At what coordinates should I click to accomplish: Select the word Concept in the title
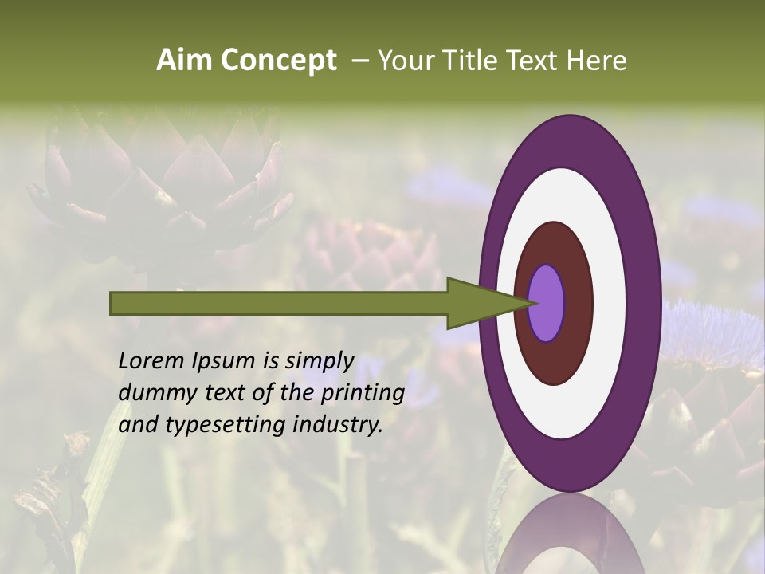tap(278, 61)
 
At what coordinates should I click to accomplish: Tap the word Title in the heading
tap(470, 61)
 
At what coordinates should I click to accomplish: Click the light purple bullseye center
tap(547, 304)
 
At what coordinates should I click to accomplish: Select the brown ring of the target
tap(577, 304)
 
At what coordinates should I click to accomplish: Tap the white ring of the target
tap(610, 304)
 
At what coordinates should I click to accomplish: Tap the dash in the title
tap(359, 61)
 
